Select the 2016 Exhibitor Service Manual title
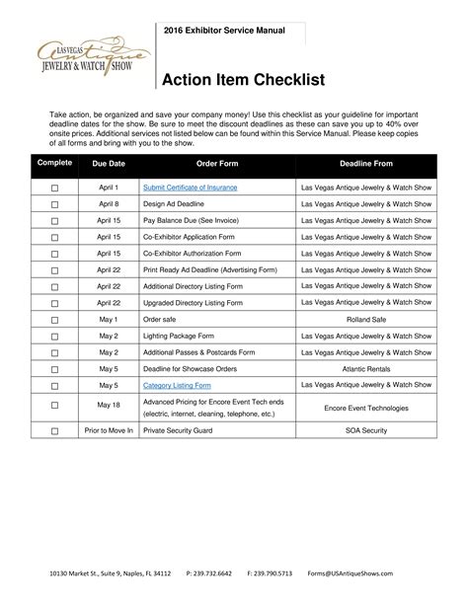click(x=224, y=31)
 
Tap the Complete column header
click(x=55, y=163)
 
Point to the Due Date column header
click(x=108, y=163)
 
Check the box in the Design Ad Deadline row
click(x=55, y=204)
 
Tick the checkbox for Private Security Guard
click(x=55, y=431)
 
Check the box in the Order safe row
click(x=55, y=320)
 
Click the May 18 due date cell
click(x=108, y=406)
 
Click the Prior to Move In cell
click(x=108, y=431)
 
